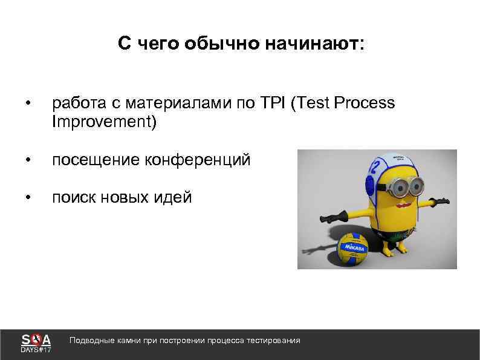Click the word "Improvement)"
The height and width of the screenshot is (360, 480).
(x=104, y=123)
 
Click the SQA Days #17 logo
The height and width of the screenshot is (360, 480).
(x=36, y=342)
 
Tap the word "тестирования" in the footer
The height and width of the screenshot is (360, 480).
(x=274, y=341)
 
